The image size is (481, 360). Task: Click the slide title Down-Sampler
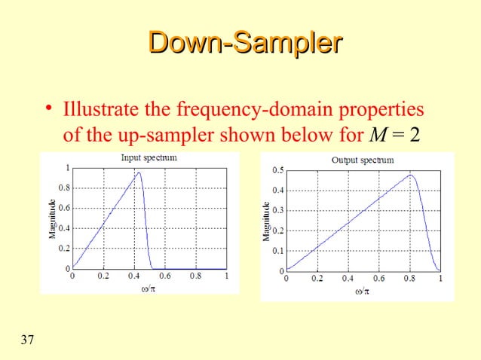pyautogui.click(x=240, y=44)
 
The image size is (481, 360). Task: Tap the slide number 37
pyautogui.click(x=27, y=340)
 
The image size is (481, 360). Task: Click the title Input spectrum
pyautogui.click(x=149, y=157)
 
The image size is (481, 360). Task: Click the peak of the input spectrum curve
pyautogui.click(x=139, y=173)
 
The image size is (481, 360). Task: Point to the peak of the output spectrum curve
pyautogui.click(x=411, y=175)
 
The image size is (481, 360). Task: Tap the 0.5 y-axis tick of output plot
pyautogui.click(x=278, y=170)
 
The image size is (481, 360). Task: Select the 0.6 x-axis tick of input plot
pyautogui.click(x=164, y=276)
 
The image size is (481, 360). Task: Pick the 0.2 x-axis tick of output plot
pyautogui.click(x=317, y=278)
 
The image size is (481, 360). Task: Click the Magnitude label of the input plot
pyautogui.click(x=52, y=218)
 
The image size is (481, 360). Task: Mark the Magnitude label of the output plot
pyautogui.click(x=266, y=220)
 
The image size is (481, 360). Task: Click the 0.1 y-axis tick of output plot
pyautogui.click(x=278, y=251)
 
